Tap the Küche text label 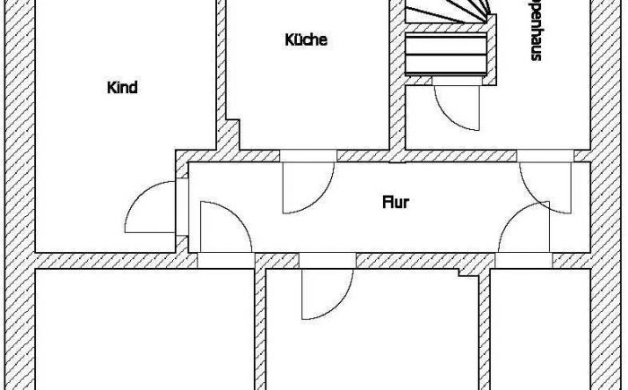pyautogui.click(x=305, y=40)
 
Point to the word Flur pyautogui.click(x=396, y=203)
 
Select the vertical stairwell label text pyautogui.click(x=535, y=31)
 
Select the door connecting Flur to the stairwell pyautogui.click(x=544, y=184)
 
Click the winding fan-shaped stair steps pyautogui.click(x=449, y=14)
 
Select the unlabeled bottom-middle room pyautogui.click(x=377, y=336)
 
